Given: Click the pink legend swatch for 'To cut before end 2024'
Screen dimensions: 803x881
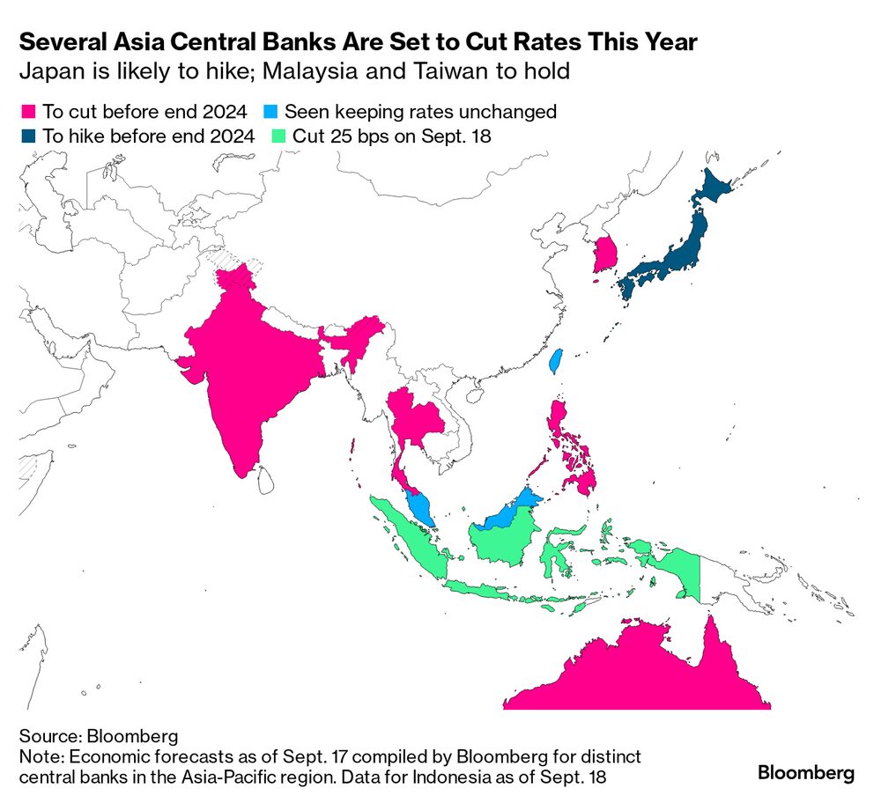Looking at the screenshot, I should point(28,112).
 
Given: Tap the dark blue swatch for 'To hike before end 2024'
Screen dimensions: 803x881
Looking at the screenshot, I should point(28,136).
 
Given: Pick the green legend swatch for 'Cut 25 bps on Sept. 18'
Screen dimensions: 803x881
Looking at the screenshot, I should point(280,136).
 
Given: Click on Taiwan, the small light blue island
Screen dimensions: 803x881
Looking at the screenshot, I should point(555,360).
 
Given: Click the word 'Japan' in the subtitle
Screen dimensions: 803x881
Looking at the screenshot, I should point(43,71).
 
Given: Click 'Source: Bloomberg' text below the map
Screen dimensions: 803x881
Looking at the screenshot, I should point(85,735).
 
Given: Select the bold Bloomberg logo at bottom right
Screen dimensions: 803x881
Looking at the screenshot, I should point(805,773).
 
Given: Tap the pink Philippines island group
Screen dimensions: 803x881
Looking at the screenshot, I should point(577,458).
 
